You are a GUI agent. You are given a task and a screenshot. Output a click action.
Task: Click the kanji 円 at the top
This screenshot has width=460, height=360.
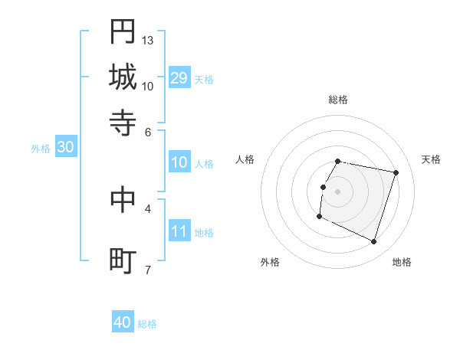pos(123,33)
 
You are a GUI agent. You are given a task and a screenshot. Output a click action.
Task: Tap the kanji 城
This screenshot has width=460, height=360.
pos(123,77)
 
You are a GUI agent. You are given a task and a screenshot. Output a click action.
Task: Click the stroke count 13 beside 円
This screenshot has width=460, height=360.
pos(148,40)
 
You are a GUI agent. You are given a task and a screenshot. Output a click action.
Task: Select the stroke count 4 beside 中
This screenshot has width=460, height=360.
pos(148,208)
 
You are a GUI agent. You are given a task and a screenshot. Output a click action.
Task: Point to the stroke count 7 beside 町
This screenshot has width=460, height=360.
pos(148,270)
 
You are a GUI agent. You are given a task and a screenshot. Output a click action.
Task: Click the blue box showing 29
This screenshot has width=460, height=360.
pos(179,77)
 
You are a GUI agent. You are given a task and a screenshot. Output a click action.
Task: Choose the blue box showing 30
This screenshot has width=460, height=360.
pos(65,148)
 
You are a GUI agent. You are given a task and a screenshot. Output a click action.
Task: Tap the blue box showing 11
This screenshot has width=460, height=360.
pos(179,231)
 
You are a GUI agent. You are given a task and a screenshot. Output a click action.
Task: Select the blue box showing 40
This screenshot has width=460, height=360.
pos(123,322)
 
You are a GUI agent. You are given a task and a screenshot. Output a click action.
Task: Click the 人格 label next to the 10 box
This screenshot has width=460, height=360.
pos(204,164)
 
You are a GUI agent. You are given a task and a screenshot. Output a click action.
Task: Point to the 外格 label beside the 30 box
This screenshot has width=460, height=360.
pos(41,149)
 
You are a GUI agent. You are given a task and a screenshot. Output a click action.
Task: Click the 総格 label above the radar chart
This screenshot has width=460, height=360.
pos(338,100)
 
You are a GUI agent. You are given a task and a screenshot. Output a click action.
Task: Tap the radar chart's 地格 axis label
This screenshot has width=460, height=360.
pos(402,262)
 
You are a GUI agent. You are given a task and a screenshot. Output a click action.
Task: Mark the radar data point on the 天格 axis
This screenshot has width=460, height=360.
pos(396,172)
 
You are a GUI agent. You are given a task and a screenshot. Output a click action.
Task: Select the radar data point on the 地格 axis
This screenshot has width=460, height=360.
pos(374,242)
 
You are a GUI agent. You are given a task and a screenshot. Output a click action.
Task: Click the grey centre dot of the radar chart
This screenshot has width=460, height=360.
pos(338,191)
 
